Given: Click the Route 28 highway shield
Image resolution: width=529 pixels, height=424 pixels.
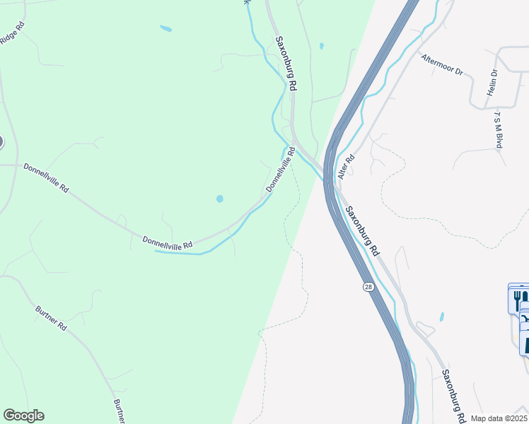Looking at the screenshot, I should [x=368, y=286].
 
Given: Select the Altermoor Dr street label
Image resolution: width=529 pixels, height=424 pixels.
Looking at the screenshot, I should [x=441, y=66].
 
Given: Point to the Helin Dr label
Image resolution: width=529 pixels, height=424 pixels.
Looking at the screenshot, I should [x=493, y=83].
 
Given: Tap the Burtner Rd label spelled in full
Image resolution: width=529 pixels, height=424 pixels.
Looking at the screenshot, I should [x=52, y=319].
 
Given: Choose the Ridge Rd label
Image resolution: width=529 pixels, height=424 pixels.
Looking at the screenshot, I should [x=13, y=32].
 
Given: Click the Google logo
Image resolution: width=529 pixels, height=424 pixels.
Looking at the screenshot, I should [x=23, y=416].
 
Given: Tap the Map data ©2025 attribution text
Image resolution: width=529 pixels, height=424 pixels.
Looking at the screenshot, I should [x=499, y=418].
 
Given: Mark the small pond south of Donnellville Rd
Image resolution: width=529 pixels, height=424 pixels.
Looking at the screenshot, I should [x=219, y=199].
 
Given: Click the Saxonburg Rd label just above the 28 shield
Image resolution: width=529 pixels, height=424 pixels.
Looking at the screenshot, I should [x=362, y=231].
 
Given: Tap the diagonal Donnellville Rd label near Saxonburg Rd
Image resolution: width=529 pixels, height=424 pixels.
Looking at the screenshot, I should [x=280, y=170].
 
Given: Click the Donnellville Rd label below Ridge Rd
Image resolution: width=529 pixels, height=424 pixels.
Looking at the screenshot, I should [x=46, y=179].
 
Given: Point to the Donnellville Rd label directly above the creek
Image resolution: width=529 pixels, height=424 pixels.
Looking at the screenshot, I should [x=168, y=242].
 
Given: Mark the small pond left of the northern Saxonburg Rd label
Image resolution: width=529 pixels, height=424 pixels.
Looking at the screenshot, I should [x=165, y=29].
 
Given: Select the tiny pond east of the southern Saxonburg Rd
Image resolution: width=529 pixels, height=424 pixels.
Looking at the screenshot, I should [x=442, y=317].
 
